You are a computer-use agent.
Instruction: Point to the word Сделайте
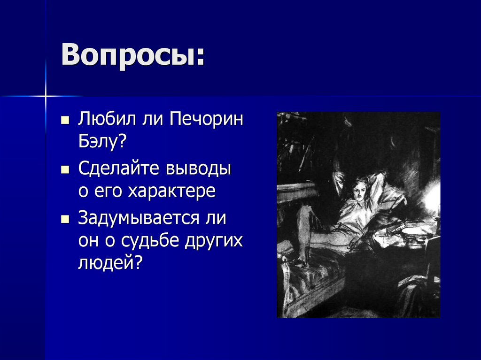coord(117,168)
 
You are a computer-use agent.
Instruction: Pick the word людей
coord(109,263)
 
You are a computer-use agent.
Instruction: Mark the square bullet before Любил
coord(65,120)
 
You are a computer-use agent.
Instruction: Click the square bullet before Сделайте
coord(65,169)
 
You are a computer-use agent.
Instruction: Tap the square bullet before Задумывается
coord(65,218)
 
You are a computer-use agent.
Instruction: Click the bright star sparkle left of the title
coord(46,97)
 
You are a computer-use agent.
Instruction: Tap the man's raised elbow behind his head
coord(380,177)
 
